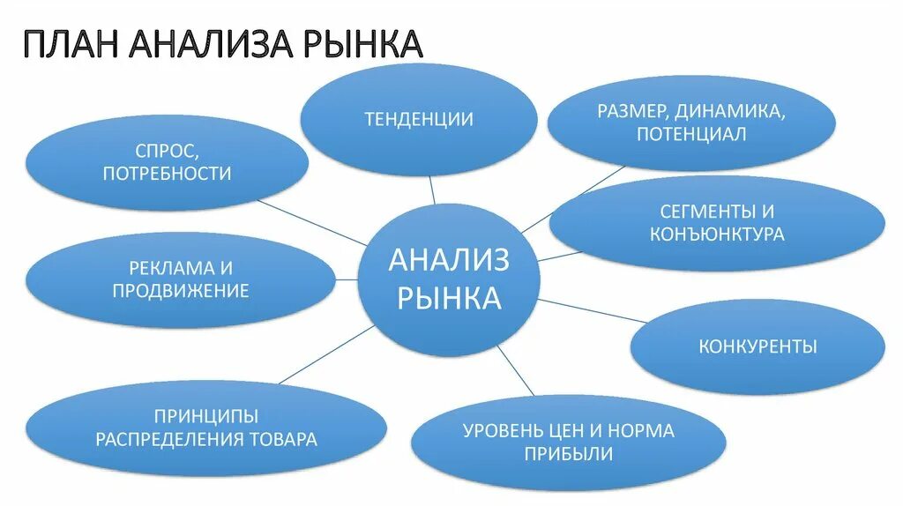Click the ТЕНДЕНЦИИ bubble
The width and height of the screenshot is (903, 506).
[419, 119]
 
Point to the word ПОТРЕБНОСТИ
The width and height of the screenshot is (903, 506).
[167, 174]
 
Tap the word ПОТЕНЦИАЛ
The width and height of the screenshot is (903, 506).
[691, 135]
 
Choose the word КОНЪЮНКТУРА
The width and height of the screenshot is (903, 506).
[717, 234]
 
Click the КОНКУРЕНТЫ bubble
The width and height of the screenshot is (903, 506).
[757, 346]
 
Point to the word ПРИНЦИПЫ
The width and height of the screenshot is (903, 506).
[205, 416]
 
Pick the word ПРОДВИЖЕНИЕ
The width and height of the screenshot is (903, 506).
[181, 289]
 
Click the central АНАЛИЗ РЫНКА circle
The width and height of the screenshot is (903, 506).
[449, 279]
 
